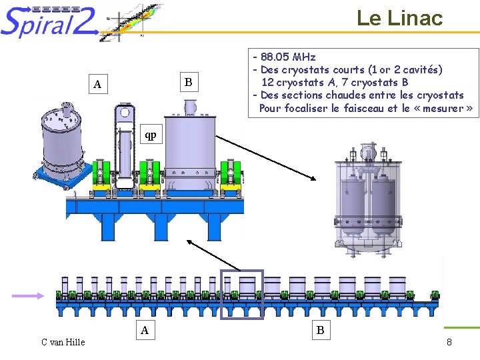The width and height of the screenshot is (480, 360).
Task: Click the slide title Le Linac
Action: [399, 18]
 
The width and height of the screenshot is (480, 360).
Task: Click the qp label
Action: [151, 135]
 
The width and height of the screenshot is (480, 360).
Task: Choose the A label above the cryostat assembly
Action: [97, 85]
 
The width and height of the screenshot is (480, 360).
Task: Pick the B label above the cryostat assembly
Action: [189, 83]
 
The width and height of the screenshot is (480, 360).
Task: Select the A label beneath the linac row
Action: [145, 329]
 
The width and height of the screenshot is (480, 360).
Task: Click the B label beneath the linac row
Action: [321, 329]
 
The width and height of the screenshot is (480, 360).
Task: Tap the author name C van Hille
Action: [63, 342]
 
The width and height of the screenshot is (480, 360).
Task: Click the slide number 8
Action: [449, 342]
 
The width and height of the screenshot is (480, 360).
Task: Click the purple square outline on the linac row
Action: [241, 294]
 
